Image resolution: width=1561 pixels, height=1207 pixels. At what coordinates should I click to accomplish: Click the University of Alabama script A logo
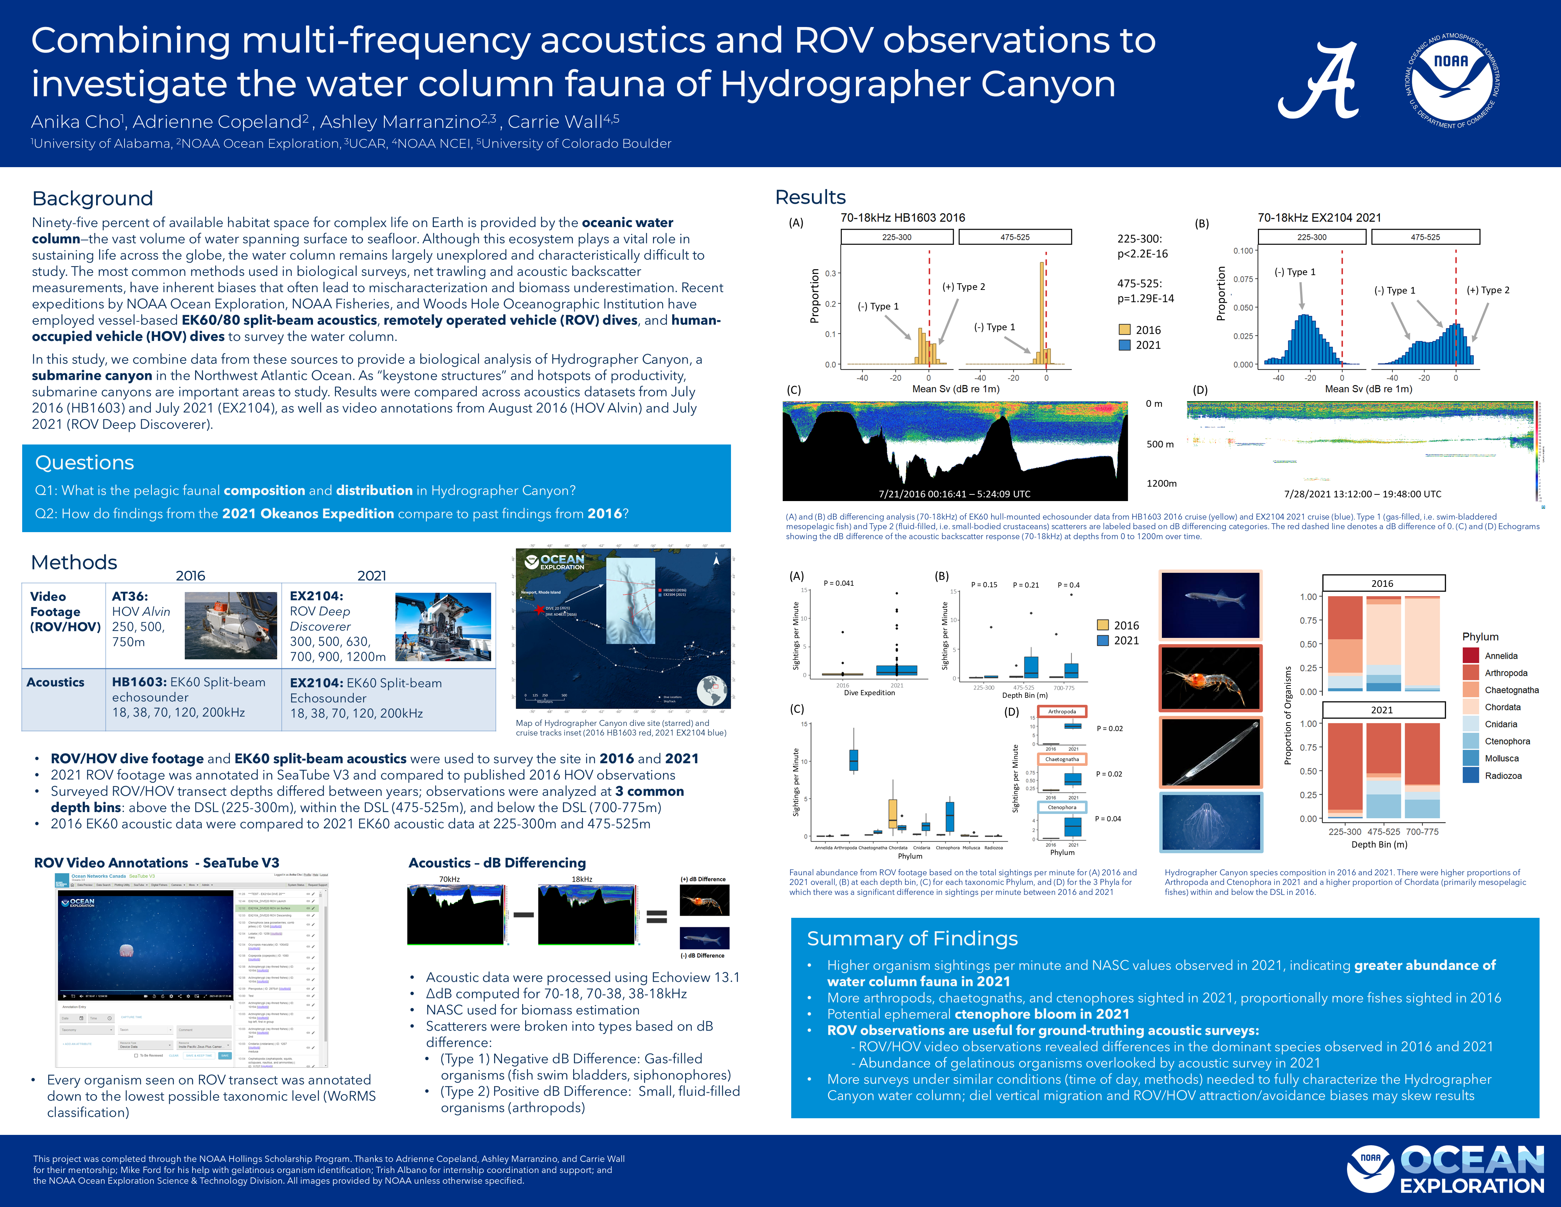click(x=1319, y=81)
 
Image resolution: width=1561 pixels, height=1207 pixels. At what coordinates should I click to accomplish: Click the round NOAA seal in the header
click(x=1452, y=81)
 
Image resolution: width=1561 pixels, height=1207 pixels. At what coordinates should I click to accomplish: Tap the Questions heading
click(x=84, y=463)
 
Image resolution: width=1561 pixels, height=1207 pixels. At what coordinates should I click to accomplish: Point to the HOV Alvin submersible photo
click(x=230, y=625)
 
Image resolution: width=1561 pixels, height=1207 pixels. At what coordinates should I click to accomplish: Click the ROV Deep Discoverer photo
click(x=443, y=626)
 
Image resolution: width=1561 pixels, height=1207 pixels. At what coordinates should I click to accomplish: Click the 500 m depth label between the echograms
click(x=1160, y=444)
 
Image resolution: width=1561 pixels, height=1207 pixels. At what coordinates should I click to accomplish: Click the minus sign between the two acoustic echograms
click(x=523, y=914)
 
